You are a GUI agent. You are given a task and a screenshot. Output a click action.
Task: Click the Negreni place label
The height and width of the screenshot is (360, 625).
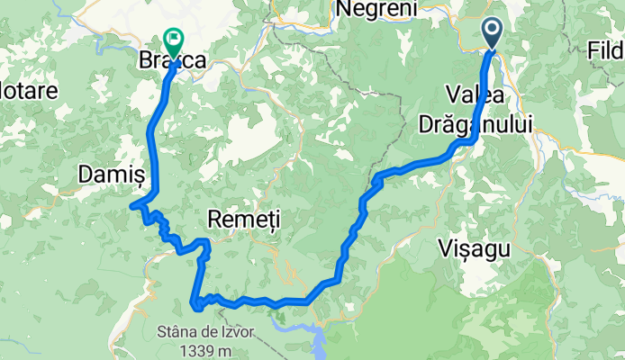tap(376, 9)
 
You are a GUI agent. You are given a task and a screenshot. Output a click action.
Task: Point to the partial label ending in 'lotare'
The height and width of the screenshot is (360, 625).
tap(29, 90)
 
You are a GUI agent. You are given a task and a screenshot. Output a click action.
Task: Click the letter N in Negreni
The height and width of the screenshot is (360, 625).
tap(342, 9)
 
